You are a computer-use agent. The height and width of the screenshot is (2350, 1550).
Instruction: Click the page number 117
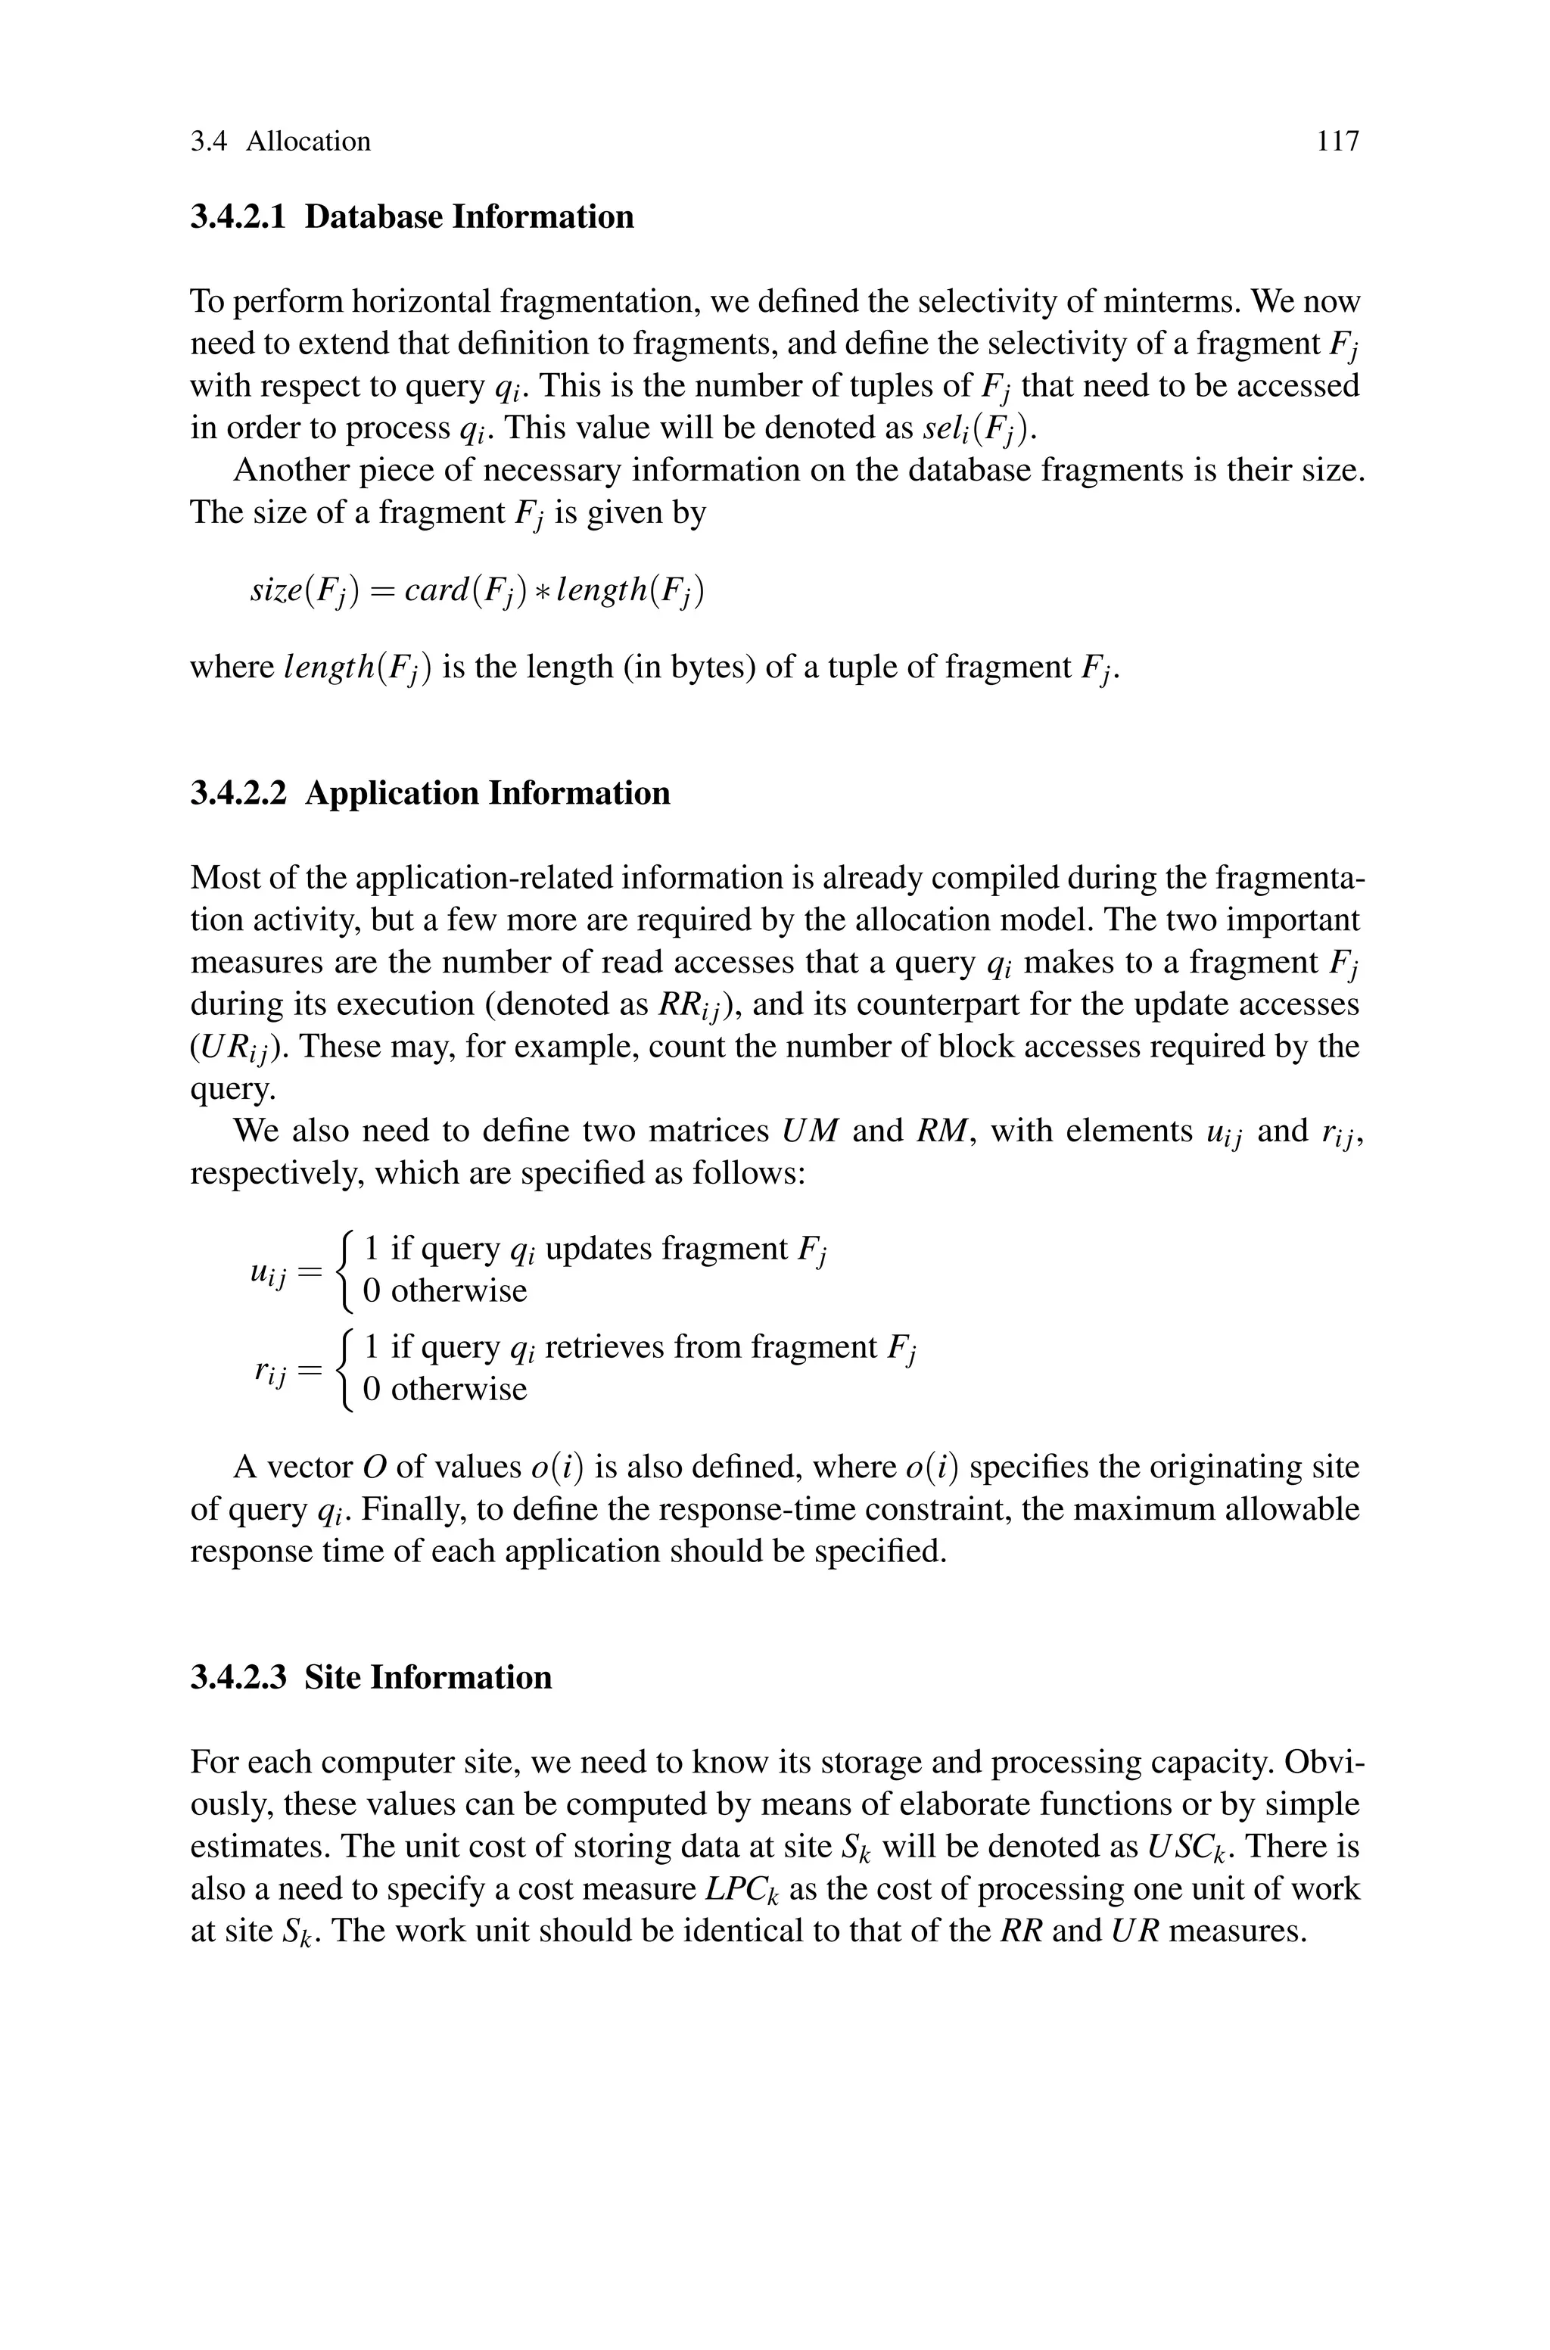1337,142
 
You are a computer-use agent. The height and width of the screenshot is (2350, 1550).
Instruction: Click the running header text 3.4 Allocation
280,142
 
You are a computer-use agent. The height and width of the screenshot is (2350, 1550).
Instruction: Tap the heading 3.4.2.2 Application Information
429,793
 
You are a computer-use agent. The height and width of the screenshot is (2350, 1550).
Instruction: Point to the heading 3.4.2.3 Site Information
371,1677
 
